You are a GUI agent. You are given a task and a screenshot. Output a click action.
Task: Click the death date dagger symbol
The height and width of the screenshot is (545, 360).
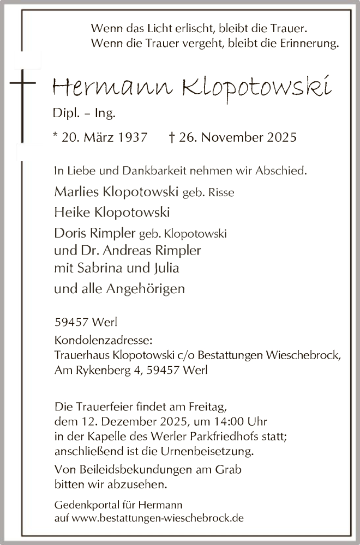coord(172,137)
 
